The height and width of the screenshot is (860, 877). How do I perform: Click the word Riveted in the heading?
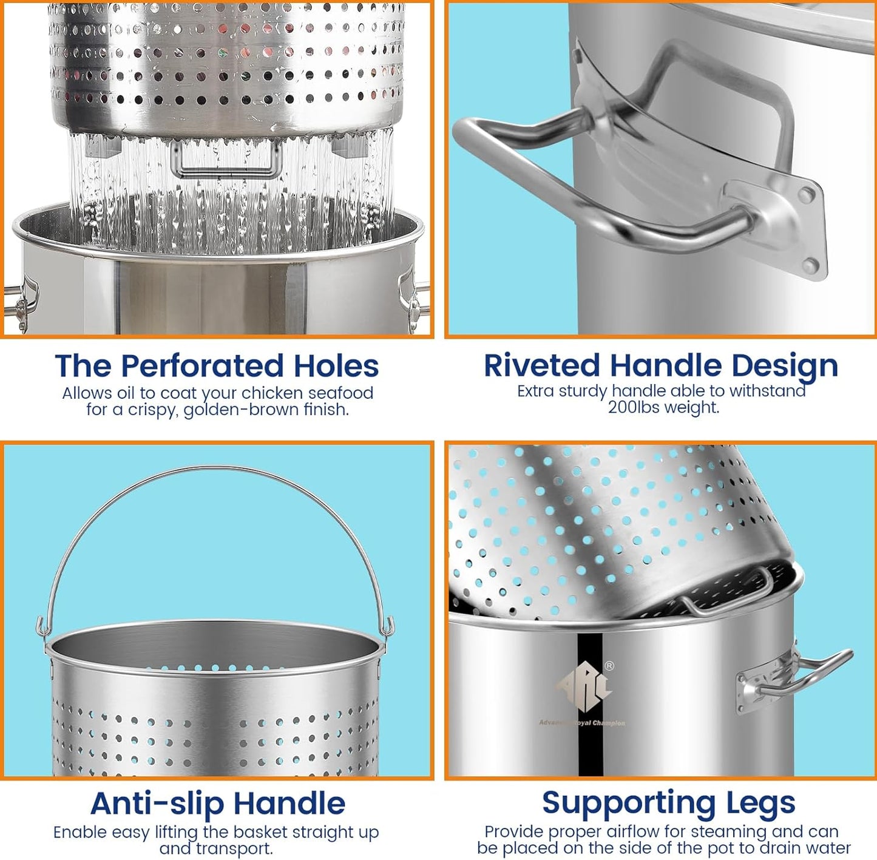click(542, 366)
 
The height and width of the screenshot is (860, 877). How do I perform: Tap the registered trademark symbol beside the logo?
click(609, 666)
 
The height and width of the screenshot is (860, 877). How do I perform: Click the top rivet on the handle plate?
click(806, 195)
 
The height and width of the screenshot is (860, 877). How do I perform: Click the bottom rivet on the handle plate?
click(808, 263)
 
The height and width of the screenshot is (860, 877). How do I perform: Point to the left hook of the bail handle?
click(41, 628)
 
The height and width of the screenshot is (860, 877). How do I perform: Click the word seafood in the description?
click(340, 393)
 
